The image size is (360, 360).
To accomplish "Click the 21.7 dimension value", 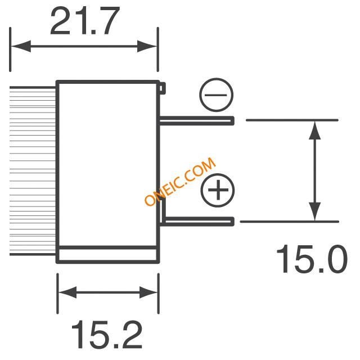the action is click(x=85, y=21).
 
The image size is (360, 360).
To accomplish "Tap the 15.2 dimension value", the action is click(x=107, y=335).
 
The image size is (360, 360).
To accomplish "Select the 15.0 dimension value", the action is click(x=312, y=259).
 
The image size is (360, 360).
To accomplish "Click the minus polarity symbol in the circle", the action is click(x=216, y=95).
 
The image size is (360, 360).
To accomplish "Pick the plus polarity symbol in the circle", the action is click(x=218, y=190).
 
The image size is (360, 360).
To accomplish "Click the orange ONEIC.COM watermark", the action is click(x=180, y=181).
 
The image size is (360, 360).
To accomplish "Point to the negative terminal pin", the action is click(x=197, y=121).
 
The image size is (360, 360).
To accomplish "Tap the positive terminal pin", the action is click(x=197, y=221).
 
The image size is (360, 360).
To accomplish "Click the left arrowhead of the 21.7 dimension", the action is click(x=21, y=46).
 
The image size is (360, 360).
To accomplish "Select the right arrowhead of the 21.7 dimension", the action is click(x=147, y=46).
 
